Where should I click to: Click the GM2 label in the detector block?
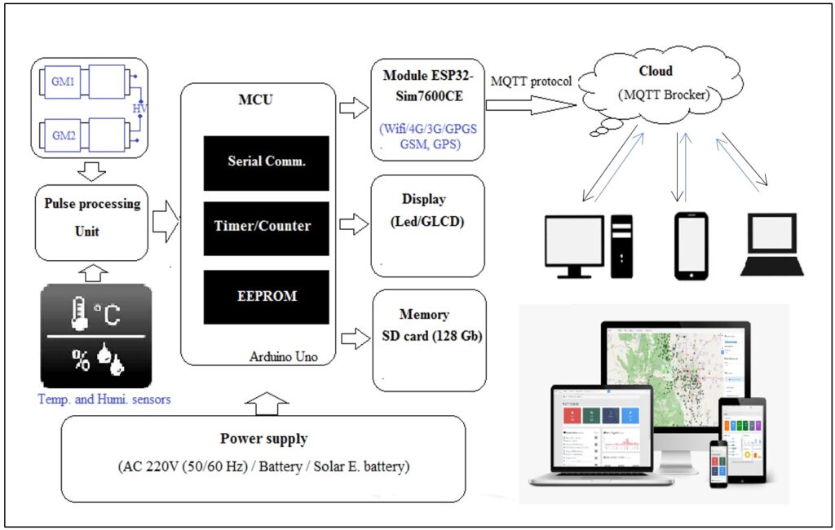click(x=63, y=135)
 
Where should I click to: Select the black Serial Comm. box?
click(x=266, y=162)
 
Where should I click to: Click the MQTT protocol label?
click(x=531, y=82)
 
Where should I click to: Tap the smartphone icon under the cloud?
click(x=689, y=245)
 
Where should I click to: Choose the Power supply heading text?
click(x=263, y=439)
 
